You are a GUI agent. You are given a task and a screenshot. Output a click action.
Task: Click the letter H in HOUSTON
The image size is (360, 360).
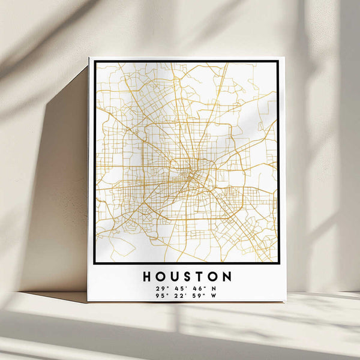pos(148,277)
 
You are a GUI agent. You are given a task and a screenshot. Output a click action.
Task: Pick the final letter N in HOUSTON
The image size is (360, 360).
pos(226,277)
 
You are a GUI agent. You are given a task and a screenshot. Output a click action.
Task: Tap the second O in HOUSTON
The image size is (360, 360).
pos(213,277)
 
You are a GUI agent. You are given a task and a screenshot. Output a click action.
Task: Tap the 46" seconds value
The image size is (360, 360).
pos(197,288)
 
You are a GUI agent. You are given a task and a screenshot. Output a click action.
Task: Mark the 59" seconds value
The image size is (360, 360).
pos(197,295)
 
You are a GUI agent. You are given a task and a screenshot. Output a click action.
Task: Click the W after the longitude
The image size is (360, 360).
pos(214,295)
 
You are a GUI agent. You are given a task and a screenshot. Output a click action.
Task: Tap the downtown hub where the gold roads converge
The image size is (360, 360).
pos(191,174)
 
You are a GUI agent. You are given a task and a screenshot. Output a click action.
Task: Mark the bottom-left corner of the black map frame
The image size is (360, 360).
pos(95,262)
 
